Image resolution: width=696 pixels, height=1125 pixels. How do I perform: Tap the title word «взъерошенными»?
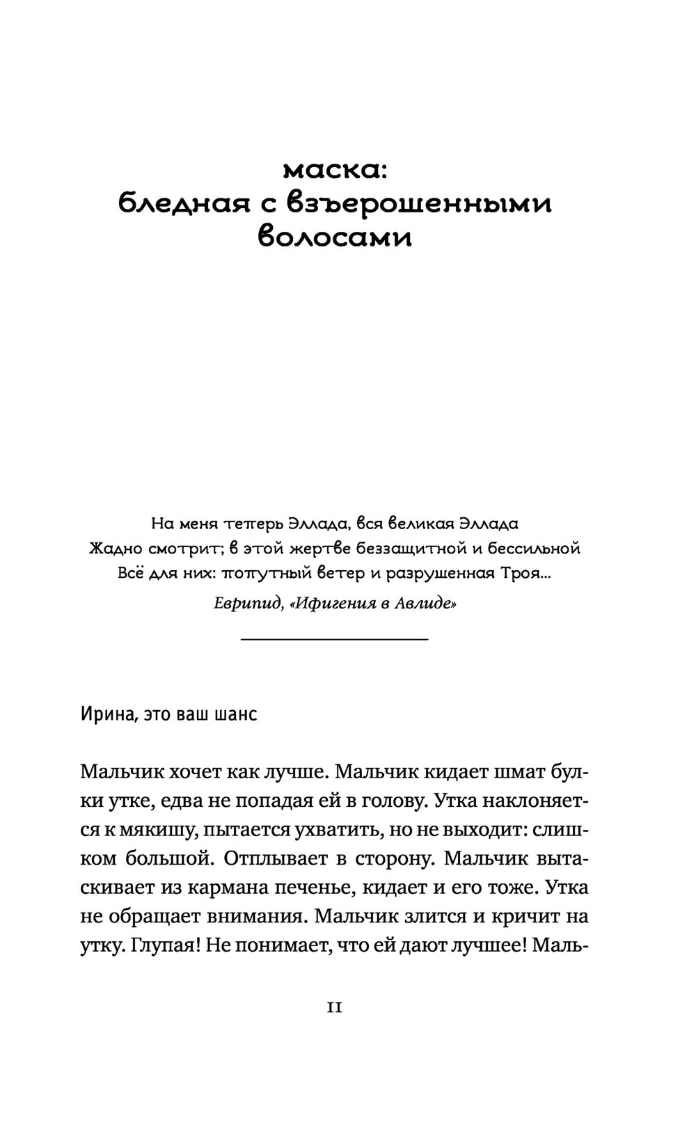(x=419, y=204)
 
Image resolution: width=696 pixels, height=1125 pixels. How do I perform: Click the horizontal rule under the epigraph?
(x=334, y=638)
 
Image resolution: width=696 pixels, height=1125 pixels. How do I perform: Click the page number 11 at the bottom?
(x=334, y=1007)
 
